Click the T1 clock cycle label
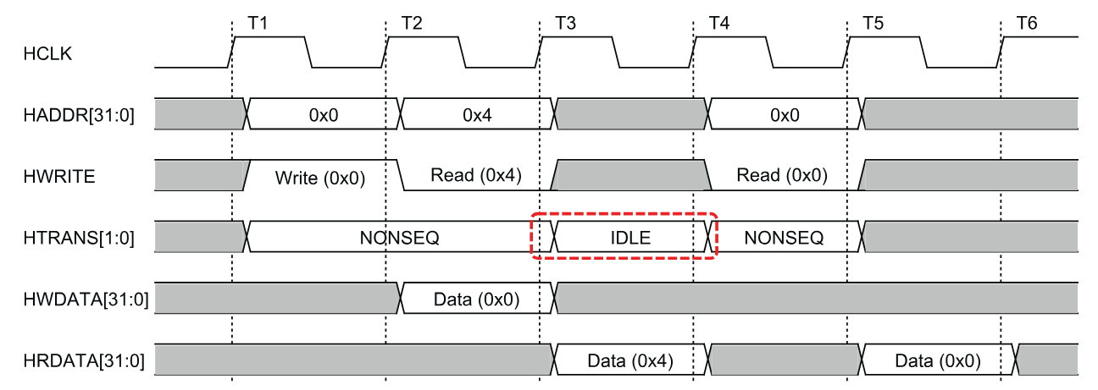[x=258, y=23]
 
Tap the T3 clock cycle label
[x=566, y=23]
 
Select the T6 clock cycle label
[x=1026, y=23]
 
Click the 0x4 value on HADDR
[x=477, y=115]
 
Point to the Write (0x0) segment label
[x=319, y=178]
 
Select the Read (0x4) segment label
[x=475, y=175]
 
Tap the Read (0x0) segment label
[x=782, y=175]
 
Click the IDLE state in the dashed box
[x=630, y=238]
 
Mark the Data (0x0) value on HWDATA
[x=476, y=299]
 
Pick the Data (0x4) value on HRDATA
[x=630, y=361]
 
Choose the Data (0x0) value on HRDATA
[x=938, y=361]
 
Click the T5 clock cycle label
[x=873, y=23]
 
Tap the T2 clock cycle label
[x=412, y=23]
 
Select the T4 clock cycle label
[x=719, y=23]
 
